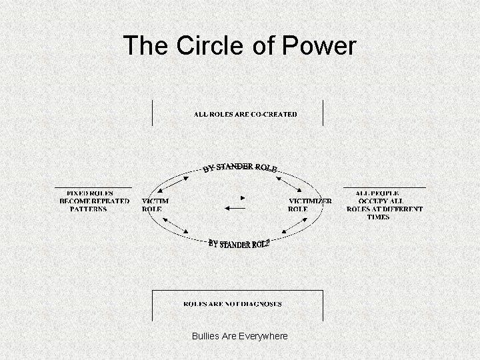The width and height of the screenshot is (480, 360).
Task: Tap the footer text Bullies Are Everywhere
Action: [239, 336]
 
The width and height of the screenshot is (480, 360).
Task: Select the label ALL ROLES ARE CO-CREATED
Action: [245, 114]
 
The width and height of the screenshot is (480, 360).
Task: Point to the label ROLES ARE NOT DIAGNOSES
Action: [233, 304]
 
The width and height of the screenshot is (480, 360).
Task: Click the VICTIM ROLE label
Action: [155, 205]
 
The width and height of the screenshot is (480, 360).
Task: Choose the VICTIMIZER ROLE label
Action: [309, 205]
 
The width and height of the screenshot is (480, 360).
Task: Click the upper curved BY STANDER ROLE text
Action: [240, 167]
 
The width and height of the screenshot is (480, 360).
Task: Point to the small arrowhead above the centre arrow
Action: [243, 197]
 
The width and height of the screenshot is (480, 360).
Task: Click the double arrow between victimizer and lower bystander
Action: [288, 229]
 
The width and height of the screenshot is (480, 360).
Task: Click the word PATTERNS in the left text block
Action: [88, 209]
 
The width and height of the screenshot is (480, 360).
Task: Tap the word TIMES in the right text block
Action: [378, 217]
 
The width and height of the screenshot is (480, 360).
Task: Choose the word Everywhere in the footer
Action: [265, 336]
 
